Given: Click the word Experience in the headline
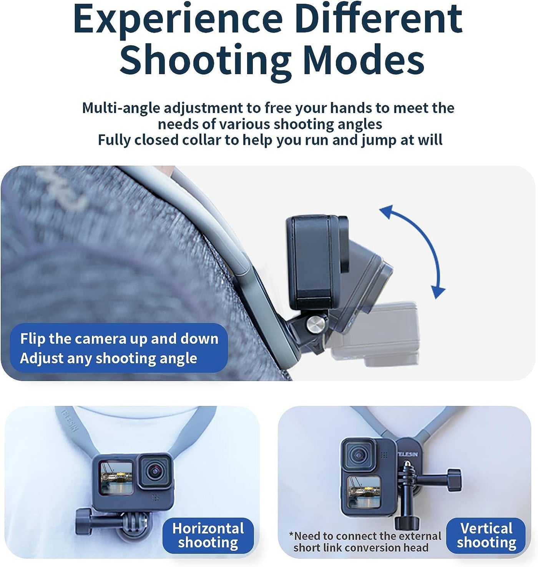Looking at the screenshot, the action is pos(178,19).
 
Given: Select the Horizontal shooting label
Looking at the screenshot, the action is pos(208,535).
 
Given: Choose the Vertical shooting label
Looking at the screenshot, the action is pos(487,535).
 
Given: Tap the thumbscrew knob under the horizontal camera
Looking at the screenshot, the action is pos(84,525).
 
